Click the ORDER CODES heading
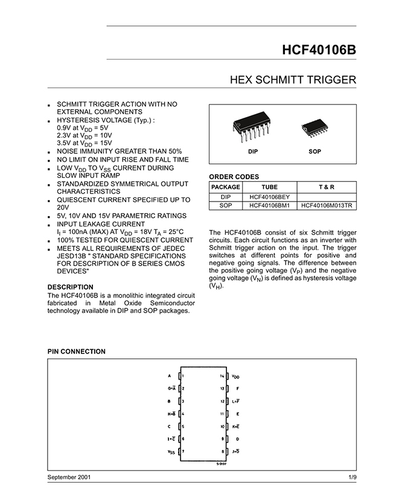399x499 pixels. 234,177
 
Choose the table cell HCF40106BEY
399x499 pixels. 270,197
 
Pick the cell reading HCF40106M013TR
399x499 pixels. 327,205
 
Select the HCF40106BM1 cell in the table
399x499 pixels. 270,205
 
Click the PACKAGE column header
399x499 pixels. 225,187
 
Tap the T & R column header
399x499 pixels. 327,187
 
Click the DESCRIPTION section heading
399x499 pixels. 70,286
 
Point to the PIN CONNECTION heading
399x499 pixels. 76,351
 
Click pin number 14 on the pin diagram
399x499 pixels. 222,376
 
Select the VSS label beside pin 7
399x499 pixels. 171,451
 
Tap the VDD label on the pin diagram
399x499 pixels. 235,376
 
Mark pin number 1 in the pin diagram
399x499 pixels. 182,376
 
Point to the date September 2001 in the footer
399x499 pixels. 69,477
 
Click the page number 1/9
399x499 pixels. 353,477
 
